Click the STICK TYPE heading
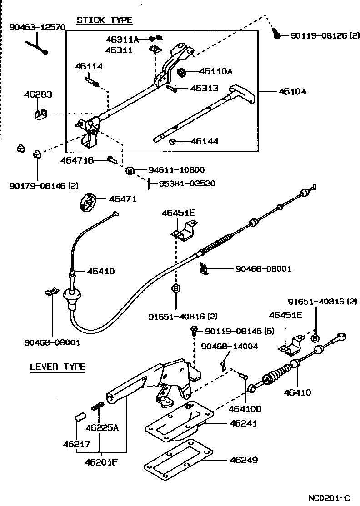(x=104, y=20)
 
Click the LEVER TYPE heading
(x=58, y=367)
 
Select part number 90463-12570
(x=37, y=27)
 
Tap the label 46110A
(x=216, y=71)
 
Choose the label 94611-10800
(x=176, y=170)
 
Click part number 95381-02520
(x=187, y=184)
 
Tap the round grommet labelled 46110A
(x=182, y=72)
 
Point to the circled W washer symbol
(x=130, y=171)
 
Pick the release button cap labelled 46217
(x=80, y=417)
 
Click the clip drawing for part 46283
(x=40, y=113)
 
